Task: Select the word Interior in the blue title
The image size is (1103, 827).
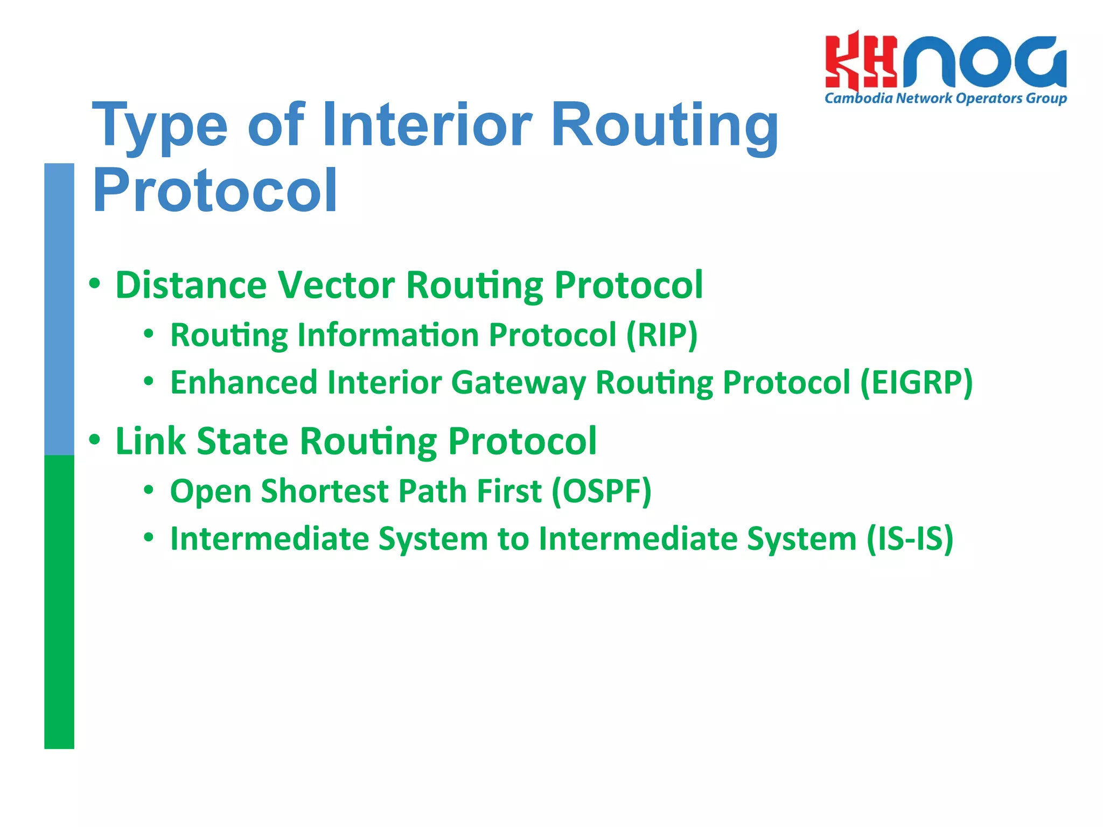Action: [x=427, y=125]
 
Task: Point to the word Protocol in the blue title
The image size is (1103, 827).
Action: [x=214, y=191]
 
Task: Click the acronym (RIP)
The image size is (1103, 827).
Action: [x=661, y=335]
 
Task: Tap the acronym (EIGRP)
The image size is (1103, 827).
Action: [x=916, y=382]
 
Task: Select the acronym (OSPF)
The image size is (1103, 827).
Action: [x=601, y=491]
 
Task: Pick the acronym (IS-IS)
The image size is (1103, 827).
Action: [x=910, y=538]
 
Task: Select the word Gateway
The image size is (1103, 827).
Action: [x=518, y=383]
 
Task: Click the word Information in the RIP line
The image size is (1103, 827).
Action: [x=388, y=335]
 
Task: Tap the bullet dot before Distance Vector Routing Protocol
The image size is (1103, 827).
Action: [x=95, y=284]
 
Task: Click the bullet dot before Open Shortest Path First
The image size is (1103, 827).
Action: [x=149, y=490]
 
